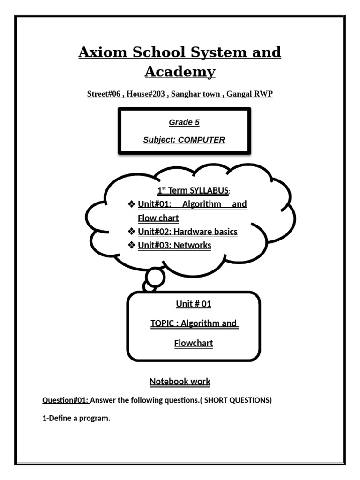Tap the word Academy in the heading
pyautogui.click(x=180, y=72)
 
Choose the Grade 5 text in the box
pyautogui.click(x=184, y=123)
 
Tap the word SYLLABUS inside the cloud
pyautogui.click(x=209, y=190)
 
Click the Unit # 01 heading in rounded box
pyautogui.click(x=194, y=304)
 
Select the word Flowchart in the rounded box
pyautogui.click(x=194, y=343)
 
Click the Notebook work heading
pyautogui.click(x=180, y=382)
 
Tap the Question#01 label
pyautogui.click(x=65, y=400)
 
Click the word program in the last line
pyautogui.click(x=95, y=419)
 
